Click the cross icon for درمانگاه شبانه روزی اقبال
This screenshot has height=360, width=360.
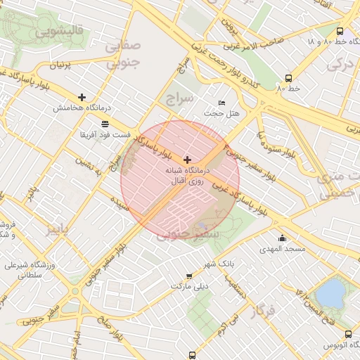tap(186, 160)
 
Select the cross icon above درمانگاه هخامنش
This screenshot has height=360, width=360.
tap(82, 97)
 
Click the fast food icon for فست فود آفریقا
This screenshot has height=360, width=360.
tap(105, 123)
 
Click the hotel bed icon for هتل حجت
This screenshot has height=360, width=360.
tap(222, 103)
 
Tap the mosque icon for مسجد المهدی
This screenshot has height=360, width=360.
tap(282, 238)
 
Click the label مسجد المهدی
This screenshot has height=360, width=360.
tap(281, 249)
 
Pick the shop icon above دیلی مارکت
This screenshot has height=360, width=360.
tap(188, 276)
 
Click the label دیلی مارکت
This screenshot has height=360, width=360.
tap(190, 287)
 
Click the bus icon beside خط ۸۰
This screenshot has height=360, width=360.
tap(288, 78)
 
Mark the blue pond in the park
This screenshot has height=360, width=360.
tap(330, 291)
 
